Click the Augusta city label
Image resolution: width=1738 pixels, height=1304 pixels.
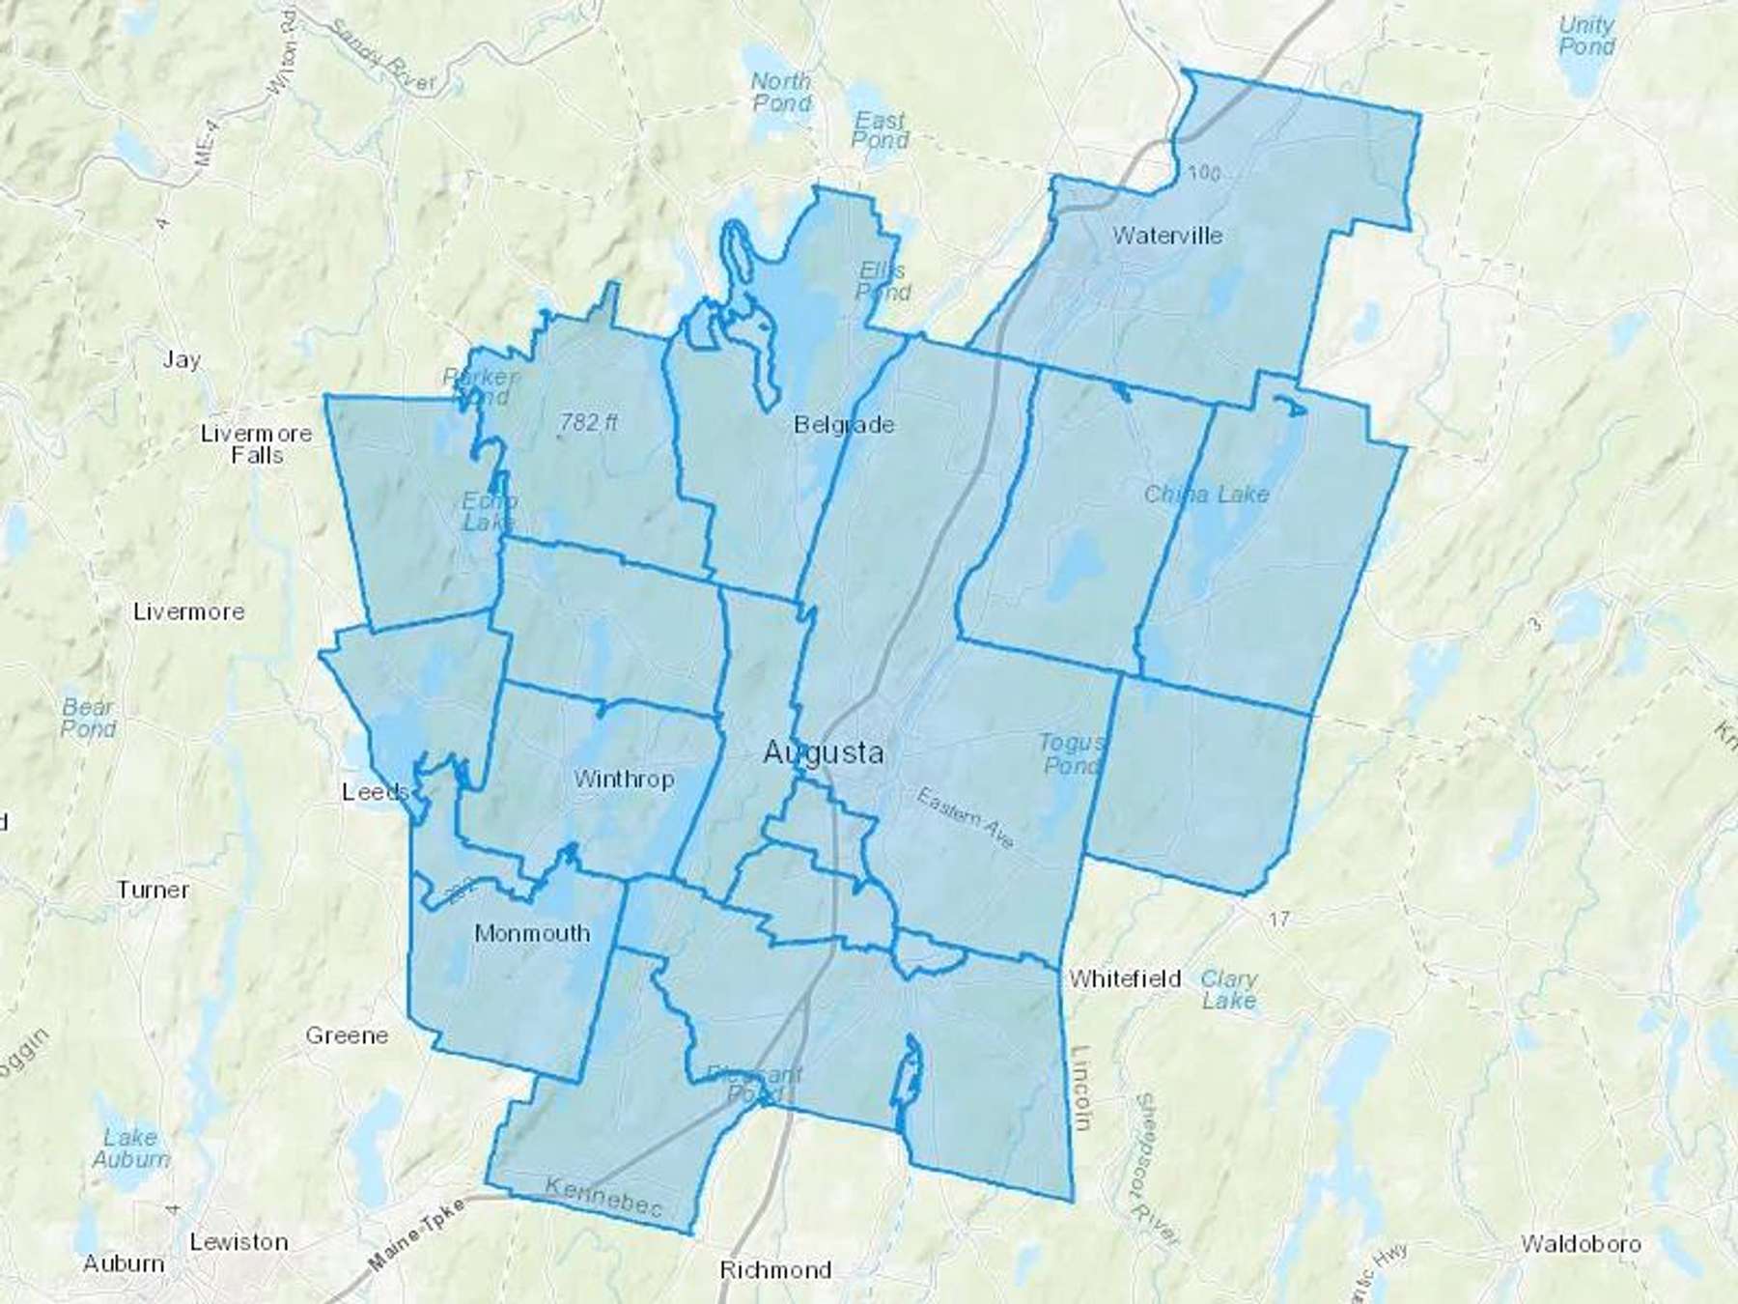[x=823, y=752]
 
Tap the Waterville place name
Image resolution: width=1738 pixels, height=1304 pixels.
[x=1167, y=236]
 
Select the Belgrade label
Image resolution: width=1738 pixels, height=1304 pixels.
[x=844, y=425]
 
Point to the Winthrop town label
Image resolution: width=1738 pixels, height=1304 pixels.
[x=624, y=780]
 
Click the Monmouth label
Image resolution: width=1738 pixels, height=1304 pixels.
[x=532, y=934]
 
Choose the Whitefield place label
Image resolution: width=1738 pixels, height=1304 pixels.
[x=1125, y=979]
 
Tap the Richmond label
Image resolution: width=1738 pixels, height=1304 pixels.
[x=775, y=1270]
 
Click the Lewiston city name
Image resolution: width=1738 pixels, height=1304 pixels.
[x=238, y=1242]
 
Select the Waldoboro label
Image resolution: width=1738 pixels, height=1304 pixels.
[x=1581, y=1244]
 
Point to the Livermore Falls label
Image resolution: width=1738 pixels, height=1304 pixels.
[x=257, y=444]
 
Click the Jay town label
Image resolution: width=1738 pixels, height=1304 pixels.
[x=182, y=360]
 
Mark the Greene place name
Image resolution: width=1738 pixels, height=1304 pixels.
[x=347, y=1035]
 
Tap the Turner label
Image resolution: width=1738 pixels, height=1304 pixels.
[x=153, y=890]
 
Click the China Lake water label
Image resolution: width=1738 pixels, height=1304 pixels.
[x=1206, y=495]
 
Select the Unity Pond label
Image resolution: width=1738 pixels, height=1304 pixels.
[x=1586, y=36]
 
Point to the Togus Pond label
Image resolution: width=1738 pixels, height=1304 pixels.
[x=1071, y=754]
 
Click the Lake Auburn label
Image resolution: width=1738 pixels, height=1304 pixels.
[x=131, y=1148]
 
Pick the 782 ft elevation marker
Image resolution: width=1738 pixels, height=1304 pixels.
[x=589, y=422]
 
